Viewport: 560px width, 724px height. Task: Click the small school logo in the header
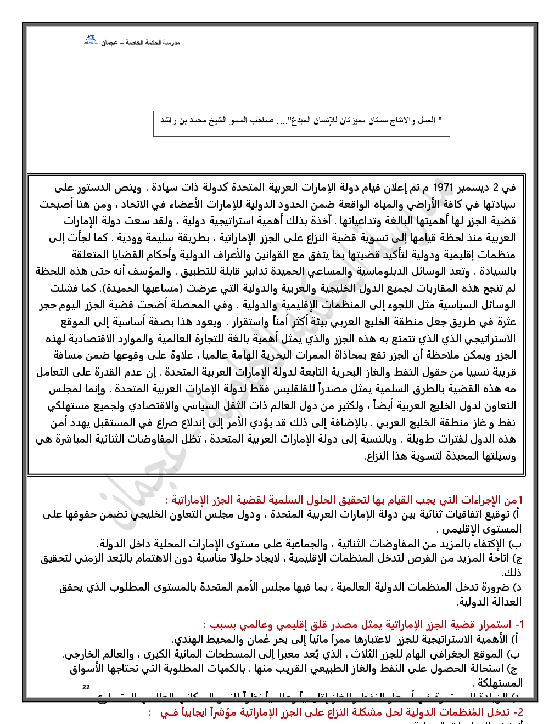[x=90, y=40]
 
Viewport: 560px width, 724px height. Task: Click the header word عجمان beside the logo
[x=109, y=43]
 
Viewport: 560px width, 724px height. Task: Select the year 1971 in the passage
[x=444, y=188]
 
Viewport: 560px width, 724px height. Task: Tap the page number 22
[x=86, y=687]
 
